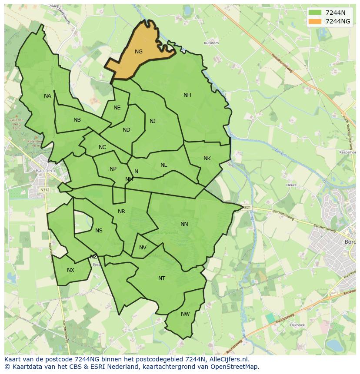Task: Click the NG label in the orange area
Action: [x=139, y=52]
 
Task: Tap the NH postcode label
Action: [x=187, y=95]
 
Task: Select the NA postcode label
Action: [x=47, y=96]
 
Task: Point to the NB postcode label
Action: [x=77, y=120]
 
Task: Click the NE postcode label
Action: [x=117, y=108]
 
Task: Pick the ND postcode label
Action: [x=126, y=130]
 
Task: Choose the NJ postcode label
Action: [x=153, y=121]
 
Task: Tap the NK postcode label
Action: [x=207, y=159]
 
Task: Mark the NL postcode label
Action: [x=163, y=165]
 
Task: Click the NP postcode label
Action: [x=113, y=169]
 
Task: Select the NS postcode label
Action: [x=99, y=231]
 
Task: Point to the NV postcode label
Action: [x=143, y=248]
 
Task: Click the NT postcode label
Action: [x=162, y=278]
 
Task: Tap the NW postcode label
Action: [x=185, y=314]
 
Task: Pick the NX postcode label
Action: [x=70, y=270]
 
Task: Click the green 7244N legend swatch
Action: [x=315, y=13]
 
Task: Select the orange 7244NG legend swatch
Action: [x=315, y=21]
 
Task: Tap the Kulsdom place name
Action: [x=211, y=43]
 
